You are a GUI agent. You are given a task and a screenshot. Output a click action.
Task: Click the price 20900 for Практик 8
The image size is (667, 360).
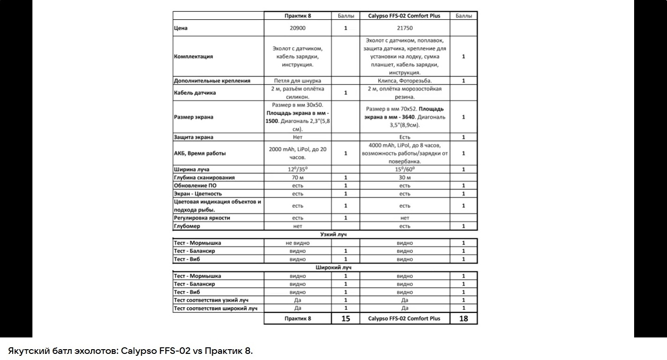click(x=297, y=28)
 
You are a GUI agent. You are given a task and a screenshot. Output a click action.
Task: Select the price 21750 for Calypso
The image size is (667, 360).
click(x=404, y=28)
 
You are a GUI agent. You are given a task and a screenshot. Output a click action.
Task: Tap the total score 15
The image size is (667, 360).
click(x=346, y=319)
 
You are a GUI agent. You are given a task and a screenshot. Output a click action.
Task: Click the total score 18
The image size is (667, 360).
click(x=464, y=319)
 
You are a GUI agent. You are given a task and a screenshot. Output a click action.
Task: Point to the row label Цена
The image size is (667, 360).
click(x=181, y=28)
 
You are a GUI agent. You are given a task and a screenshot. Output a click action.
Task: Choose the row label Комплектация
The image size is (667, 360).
click(x=194, y=56)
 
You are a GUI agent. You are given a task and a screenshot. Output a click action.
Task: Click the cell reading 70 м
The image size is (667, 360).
click(x=297, y=178)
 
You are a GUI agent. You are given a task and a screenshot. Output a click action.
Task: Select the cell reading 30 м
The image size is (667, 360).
click(x=404, y=178)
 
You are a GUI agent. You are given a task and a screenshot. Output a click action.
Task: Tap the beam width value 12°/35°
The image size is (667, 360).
click(x=297, y=169)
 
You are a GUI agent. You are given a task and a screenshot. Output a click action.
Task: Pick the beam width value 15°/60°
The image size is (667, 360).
click(x=404, y=169)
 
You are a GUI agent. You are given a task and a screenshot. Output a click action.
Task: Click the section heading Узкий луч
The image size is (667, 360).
click(x=333, y=234)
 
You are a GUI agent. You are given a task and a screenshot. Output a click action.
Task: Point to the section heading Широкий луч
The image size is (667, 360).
click(x=333, y=267)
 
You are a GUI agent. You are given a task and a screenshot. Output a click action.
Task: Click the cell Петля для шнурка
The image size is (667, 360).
click(x=297, y=81)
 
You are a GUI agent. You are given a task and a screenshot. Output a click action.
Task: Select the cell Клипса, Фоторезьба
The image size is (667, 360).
click(x=404, y=81)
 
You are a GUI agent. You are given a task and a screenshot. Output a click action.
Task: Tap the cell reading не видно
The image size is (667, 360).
click(x=297, y=243)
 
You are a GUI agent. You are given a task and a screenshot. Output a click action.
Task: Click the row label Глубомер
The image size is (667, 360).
click(x=187, y=226)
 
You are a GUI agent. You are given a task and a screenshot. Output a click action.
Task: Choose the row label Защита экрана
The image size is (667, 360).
click(x=194, y=137)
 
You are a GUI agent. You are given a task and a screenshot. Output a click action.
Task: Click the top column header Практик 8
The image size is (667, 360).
click(x=297, y=16)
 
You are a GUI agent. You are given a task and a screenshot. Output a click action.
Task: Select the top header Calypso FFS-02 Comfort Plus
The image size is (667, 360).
click(x=404, y=16)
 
